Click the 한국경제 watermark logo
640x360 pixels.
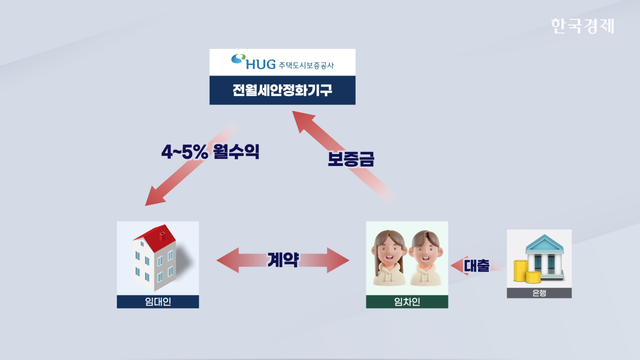pos(582,26)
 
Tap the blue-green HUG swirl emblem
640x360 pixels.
pos(238,59)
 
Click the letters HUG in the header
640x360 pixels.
pos(261,64)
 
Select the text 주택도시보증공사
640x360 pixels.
pos(306,65)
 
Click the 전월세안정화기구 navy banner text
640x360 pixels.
pos(282,90)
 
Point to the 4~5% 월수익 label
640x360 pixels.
pos(210,152)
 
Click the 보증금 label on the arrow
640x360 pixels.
pos(351,159)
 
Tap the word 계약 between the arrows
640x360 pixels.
pos(283,260)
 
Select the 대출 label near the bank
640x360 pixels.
pos(477,266)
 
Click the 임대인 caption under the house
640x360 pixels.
pos(158,302)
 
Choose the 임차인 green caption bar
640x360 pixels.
pos(407,302)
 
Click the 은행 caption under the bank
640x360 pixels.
pos(539,293)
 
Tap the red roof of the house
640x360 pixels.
pos(155,238)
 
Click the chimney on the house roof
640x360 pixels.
pos(162,236)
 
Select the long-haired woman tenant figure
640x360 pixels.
pos(389,258)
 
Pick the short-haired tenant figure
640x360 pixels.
pos(426,258)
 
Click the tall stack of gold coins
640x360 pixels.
pos(520,271)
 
